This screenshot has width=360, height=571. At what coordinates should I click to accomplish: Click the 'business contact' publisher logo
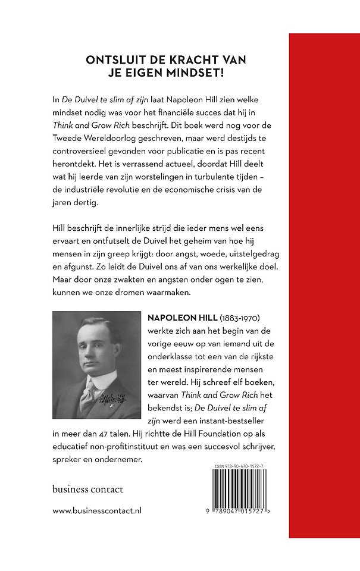pos(87,489)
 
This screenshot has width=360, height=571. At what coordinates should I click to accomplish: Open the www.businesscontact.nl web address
pos(97,510)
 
